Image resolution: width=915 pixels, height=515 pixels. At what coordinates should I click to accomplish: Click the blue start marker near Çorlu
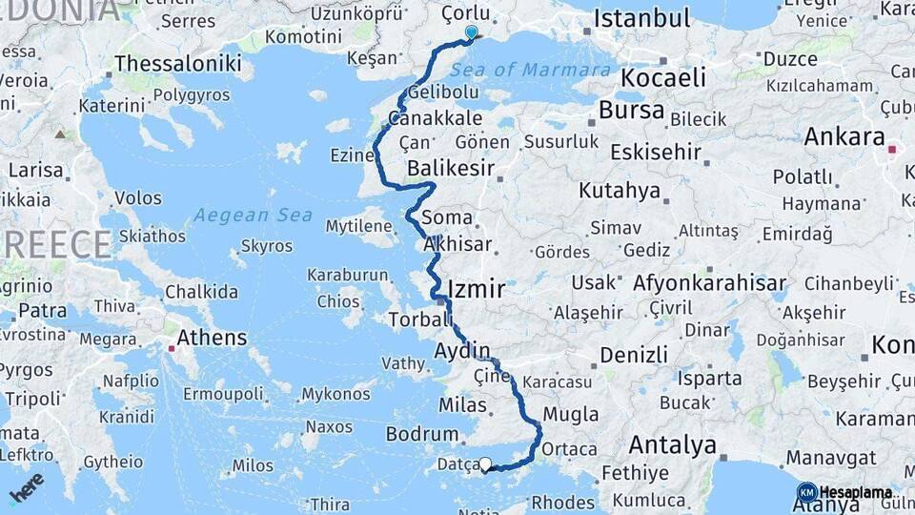tap(471, 32)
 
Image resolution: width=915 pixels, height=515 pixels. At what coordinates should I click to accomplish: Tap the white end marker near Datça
tap(485, 465)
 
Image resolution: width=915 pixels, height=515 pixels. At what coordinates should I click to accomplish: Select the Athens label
tap(212, 338)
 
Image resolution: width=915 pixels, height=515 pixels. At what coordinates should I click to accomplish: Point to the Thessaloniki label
tap(177, 63)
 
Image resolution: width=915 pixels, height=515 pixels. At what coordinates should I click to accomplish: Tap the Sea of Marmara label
tap(530, 70)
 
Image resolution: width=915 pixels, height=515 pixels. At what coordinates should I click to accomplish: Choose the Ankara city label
tap(844, 136)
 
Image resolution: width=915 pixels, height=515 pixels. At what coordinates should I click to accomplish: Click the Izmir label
tap(476, 288)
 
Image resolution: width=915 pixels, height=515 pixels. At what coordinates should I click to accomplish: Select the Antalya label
tap(673, 444)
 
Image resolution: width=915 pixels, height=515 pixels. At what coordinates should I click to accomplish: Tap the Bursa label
tap(631, 110)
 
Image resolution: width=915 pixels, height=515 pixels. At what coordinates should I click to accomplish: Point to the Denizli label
tap(634, 355)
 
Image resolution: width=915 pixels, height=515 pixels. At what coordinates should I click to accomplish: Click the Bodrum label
tap(422, 434)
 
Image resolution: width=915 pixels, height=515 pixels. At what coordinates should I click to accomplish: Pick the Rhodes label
tap(562, 502)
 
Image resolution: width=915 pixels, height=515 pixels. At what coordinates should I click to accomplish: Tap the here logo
tap(27, 486)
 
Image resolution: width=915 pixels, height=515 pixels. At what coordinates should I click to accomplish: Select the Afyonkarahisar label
tap(709, 282)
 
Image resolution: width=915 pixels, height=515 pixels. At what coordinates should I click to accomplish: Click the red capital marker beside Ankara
tap(893, 150)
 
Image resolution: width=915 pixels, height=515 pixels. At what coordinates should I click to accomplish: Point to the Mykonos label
tap(335, 394)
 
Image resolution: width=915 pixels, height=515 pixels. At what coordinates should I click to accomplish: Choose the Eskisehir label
tap(655, 152)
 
